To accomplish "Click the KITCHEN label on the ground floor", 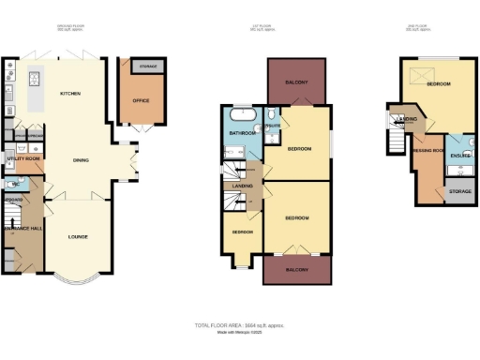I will click(70, 94).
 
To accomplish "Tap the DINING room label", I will click(81, 159).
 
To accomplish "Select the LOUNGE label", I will click(78, 236).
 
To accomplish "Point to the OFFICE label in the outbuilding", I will click(142, 99).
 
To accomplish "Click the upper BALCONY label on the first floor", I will click(296, 82).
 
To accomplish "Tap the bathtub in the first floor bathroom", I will click(244, 115).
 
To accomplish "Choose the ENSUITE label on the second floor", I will click(459, 155).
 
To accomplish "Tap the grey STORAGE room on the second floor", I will click(459, 191).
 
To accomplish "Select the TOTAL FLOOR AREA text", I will click(238, 324).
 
